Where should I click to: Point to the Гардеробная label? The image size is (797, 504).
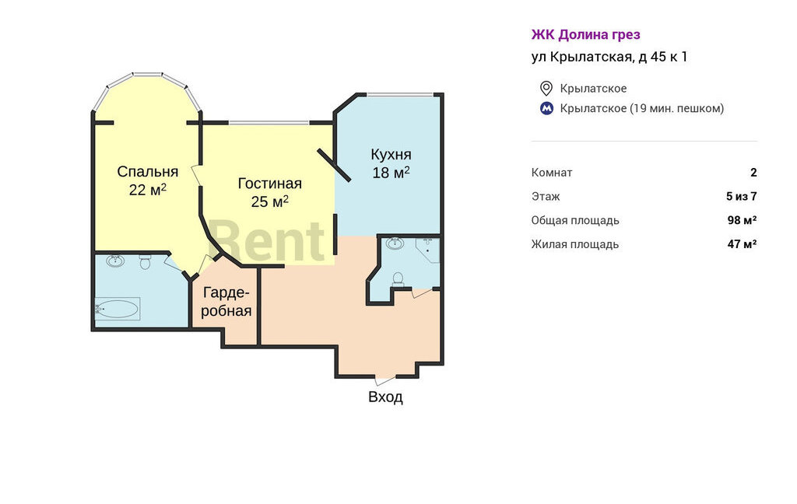tap(226, 302)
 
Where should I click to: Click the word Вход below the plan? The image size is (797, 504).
tap(385, 397)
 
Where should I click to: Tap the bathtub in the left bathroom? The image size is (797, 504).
tap(118, 309)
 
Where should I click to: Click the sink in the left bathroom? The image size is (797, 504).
tap(115, 261)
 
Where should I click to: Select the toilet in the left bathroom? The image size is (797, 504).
tap(146, 262)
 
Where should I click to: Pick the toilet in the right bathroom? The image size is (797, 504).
tap(398, 279)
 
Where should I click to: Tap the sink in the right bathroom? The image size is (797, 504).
tap(395, 243)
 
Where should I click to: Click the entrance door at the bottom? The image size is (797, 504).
tap(385, 379)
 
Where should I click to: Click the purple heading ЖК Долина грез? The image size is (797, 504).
tap(585, 34)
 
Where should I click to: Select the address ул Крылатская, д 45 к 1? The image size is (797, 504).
tap(609, 57)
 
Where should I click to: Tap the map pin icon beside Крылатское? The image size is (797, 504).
tap(546, 89)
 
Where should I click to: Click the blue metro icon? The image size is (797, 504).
tap(546, 108)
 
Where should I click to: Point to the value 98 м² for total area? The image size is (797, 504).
tap(742, 220)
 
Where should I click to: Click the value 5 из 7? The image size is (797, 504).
tap(742, 196)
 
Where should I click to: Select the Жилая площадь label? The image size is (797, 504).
tap(575, 244)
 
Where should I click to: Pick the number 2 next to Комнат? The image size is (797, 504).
tap(753, 172)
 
